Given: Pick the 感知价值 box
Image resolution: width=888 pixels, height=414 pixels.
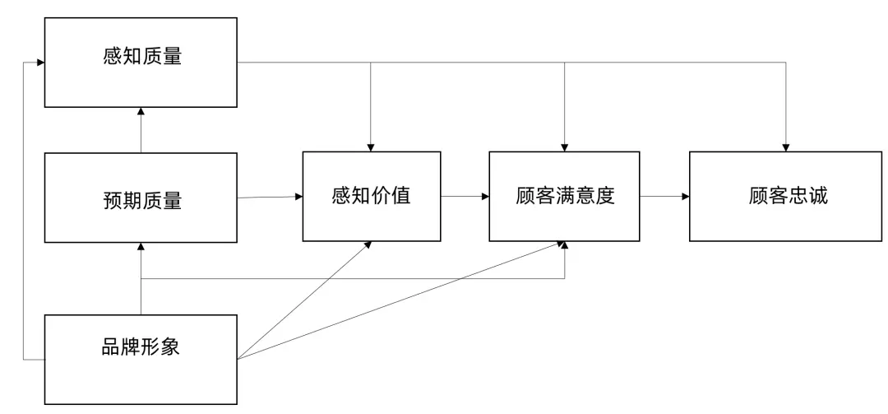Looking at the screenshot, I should point(371,197).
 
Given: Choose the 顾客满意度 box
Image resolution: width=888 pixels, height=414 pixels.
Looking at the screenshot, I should point(564,197).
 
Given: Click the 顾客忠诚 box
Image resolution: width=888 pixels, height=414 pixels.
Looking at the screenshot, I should point(785,197).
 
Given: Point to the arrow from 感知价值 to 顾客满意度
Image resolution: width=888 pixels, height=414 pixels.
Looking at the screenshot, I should point(465,197).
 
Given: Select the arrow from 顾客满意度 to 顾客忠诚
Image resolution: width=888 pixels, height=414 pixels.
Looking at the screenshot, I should point(664,197).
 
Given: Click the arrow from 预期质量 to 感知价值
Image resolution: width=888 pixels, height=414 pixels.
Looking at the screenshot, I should point(270,197).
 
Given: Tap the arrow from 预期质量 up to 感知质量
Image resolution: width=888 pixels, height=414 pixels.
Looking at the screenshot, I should point(141,132).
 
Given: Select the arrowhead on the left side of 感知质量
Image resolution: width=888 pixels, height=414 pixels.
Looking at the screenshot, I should point(39,62).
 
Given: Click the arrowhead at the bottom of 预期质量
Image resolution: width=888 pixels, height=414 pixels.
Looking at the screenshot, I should point(141,247).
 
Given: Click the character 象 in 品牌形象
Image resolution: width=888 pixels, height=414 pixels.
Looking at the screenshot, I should point(170,347).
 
